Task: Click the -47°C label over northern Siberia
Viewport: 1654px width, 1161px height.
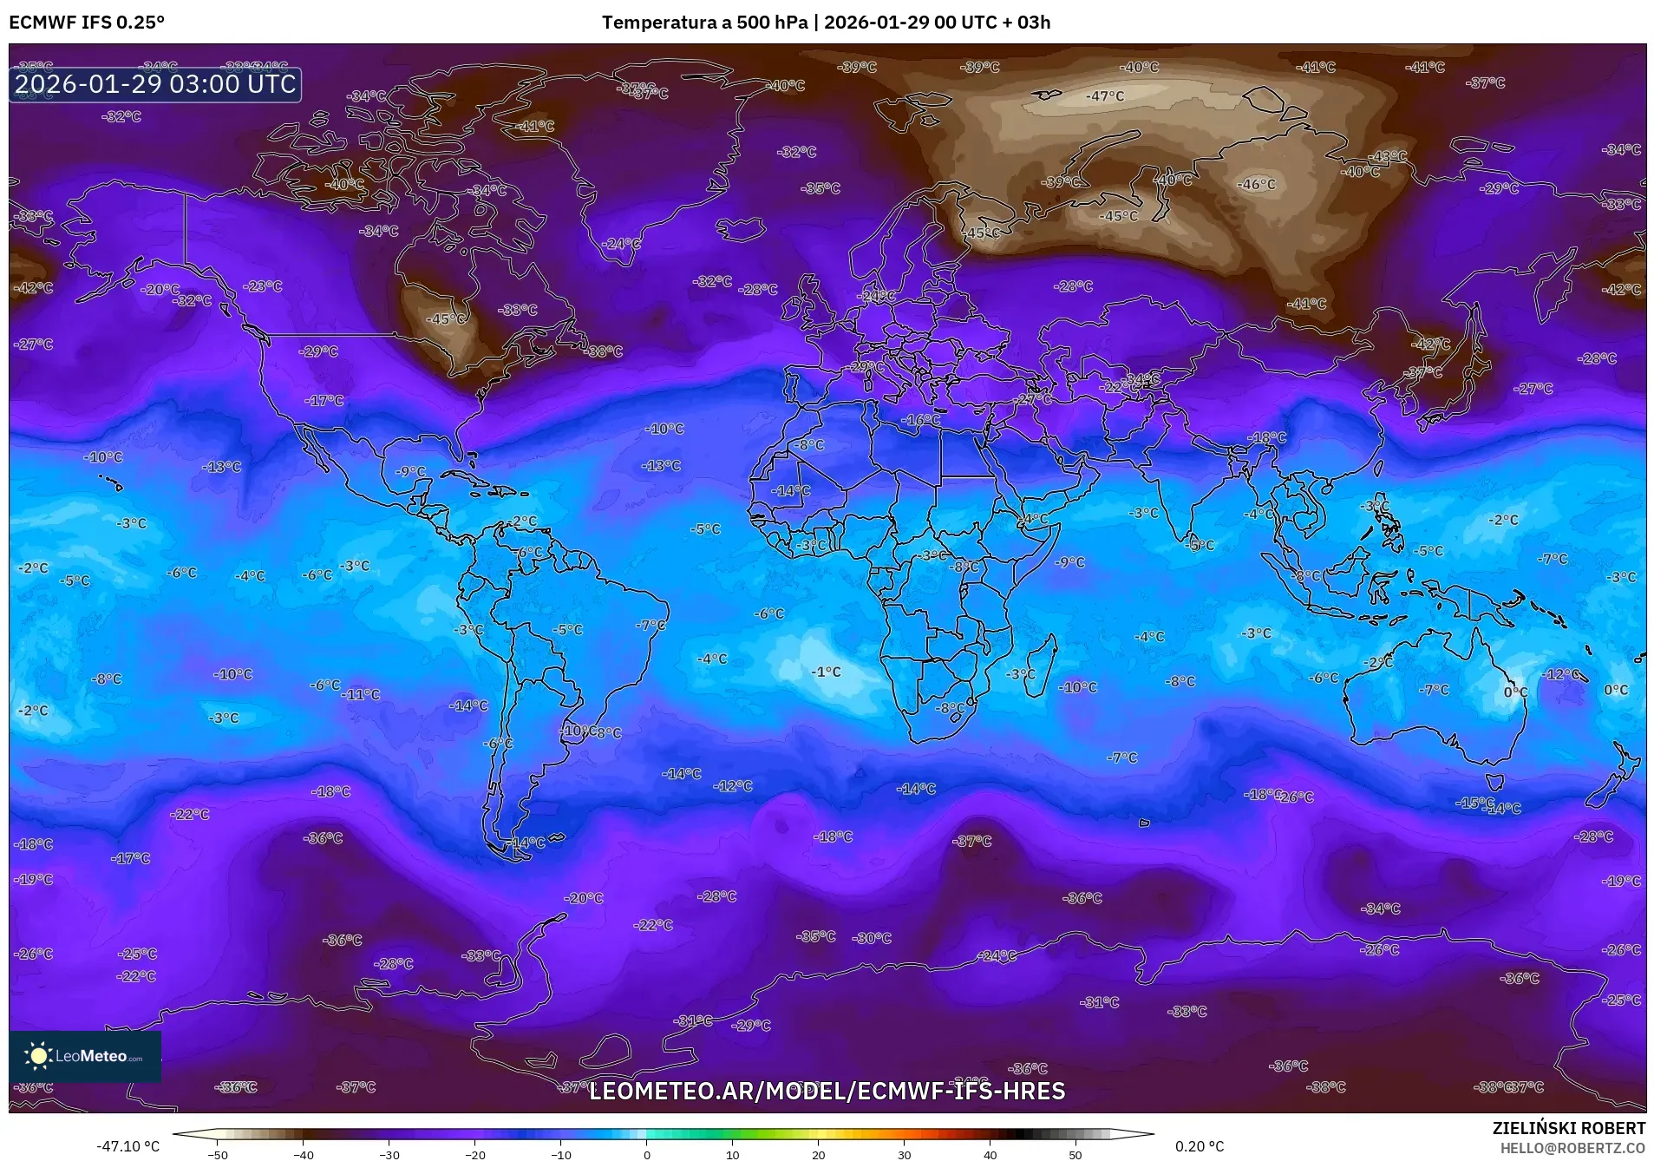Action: click(1105, 96)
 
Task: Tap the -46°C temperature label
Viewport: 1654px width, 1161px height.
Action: click(1257, 184)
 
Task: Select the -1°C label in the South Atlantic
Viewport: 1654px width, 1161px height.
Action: click(826, 672)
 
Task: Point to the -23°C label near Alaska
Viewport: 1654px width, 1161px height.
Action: click(263, 285)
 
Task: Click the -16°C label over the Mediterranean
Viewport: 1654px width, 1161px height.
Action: click(920, 419)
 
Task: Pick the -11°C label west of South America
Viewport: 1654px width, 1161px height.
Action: click(361, 694)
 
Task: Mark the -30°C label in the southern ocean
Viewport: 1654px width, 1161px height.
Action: click(872, 938)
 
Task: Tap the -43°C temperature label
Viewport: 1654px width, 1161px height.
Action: click(1388, 157)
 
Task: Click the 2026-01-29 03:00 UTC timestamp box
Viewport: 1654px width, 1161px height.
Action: click(155, 84)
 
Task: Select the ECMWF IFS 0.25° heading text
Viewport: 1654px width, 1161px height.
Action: click(87, 23)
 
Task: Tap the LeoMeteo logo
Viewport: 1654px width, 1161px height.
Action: click(85, 1056)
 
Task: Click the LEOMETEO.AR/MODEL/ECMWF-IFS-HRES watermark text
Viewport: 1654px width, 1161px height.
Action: click(827, 1091)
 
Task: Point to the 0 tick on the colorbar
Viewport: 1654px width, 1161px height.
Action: click(647, 1154)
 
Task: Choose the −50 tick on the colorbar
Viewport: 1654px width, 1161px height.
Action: click(218, 1154)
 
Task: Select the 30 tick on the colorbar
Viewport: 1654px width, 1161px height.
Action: click(905, 1154)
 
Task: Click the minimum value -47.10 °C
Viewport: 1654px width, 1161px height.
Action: click(128, 1146)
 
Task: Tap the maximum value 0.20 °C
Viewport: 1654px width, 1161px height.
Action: click(1200, 1146)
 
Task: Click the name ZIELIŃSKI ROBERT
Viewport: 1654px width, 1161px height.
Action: click(1568, 1128)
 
